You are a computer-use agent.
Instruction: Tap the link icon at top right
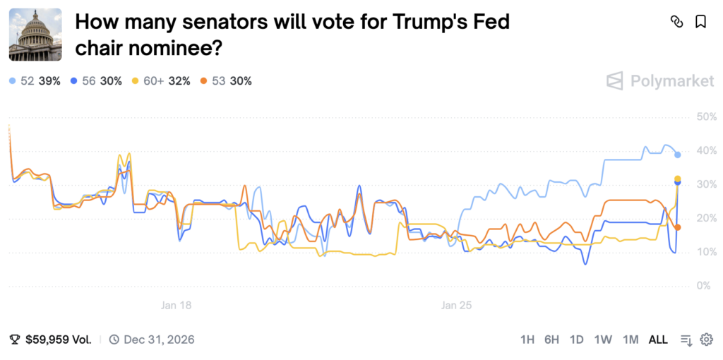(676, 22)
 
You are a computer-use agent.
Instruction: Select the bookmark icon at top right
(700, 22)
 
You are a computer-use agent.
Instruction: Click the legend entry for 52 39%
(35, 81)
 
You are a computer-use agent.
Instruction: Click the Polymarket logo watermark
(660, 81)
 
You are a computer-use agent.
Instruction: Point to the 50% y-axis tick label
(706, 116)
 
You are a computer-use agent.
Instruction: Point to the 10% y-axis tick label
(706, 252)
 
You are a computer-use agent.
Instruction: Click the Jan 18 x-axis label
(176, 306)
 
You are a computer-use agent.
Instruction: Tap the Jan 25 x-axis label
(456, 306)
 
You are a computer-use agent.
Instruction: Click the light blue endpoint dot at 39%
(678, 155)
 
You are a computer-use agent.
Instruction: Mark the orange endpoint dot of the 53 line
(678, 227)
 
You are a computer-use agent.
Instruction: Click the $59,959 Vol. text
(59, 340)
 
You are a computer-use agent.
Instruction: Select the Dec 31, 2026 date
(159, 340)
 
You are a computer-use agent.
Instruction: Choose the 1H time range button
(527, 340)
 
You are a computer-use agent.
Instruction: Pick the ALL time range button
(658, 340)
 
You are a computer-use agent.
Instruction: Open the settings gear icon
(706, 340)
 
